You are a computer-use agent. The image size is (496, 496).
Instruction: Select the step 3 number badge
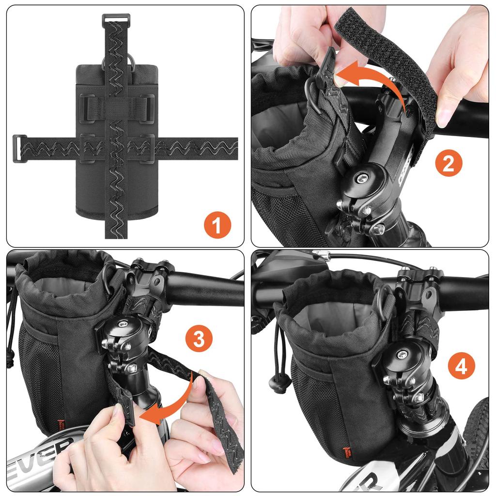(x=199, y=340)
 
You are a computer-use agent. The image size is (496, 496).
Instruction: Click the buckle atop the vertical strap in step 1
(x=116, y=19)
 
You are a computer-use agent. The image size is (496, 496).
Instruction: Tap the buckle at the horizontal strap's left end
(x=19, y=148)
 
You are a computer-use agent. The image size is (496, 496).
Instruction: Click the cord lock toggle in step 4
(x=278, y=383)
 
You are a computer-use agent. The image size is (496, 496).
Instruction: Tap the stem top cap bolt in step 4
(x=402, y=355)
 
